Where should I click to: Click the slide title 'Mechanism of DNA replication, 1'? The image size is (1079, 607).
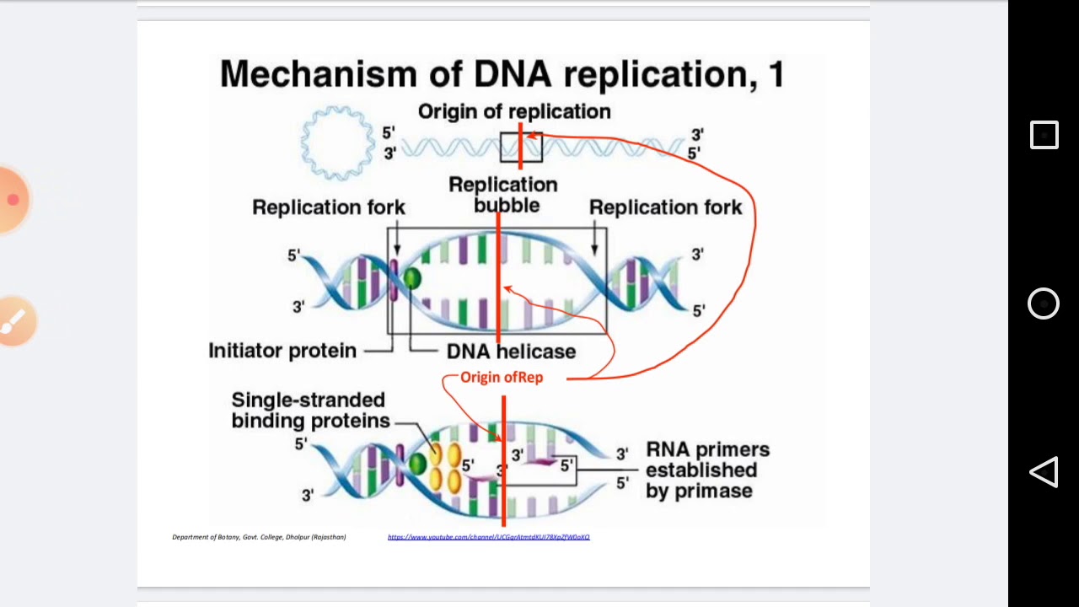(502, 74)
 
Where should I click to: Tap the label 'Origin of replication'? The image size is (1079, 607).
(514, 111)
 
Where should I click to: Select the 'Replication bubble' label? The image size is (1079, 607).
(503, 194)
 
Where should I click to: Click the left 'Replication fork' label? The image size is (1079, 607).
(329, 207)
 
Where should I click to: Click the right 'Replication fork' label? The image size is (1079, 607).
(665, 207)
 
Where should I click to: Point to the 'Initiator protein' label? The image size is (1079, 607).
(282, 351)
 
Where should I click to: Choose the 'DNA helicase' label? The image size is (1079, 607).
(511, 352)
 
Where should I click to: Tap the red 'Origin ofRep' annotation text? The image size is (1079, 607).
(502, 378)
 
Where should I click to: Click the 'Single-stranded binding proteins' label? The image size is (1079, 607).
(310, 411)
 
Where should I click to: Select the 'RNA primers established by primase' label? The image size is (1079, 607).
(707, 470)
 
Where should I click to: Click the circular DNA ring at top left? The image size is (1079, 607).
(337, 142)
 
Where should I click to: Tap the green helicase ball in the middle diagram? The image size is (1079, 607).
(412, 278)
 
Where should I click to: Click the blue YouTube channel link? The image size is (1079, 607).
(488, 537)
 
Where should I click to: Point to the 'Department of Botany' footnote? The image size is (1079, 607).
(259, 537)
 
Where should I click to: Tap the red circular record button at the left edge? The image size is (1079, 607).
(13, 199)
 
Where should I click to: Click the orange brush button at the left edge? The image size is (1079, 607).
(14, 320)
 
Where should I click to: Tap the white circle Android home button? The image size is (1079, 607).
(1044, 303)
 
